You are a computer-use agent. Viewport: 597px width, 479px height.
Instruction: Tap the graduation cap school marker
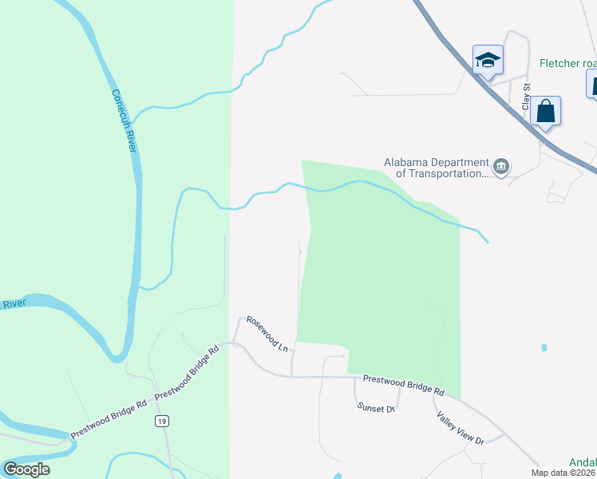click(488, 61)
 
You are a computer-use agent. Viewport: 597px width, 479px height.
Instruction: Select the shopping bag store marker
click(545, 112)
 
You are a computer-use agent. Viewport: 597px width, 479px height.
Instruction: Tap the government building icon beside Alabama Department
click(501, 167)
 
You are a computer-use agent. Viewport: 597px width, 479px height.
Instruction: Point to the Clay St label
click(526, 97)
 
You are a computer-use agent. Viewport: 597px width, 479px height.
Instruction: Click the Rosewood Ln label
click(267, 333)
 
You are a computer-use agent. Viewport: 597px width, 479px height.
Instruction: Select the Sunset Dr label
click(376, 407)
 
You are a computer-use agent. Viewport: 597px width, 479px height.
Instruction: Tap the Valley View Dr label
click(461, 428)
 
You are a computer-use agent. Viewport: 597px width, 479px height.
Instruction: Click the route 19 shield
click(162, 421)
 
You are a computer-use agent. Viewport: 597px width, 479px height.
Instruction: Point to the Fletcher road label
click(567, 63)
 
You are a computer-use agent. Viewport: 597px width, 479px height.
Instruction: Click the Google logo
click(26, 469)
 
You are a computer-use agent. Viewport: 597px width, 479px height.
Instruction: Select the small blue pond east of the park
click(544, 347)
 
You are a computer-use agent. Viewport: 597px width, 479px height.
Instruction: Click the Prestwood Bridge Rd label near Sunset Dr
click(403, 385)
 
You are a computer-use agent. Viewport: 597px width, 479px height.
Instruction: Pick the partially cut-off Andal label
click(583, 461)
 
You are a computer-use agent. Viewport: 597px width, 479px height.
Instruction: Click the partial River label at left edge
click(14, 304)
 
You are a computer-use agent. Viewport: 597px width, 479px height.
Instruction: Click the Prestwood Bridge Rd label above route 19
click(186, 373)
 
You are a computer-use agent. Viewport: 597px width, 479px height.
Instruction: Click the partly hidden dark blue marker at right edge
click(592, 83)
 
